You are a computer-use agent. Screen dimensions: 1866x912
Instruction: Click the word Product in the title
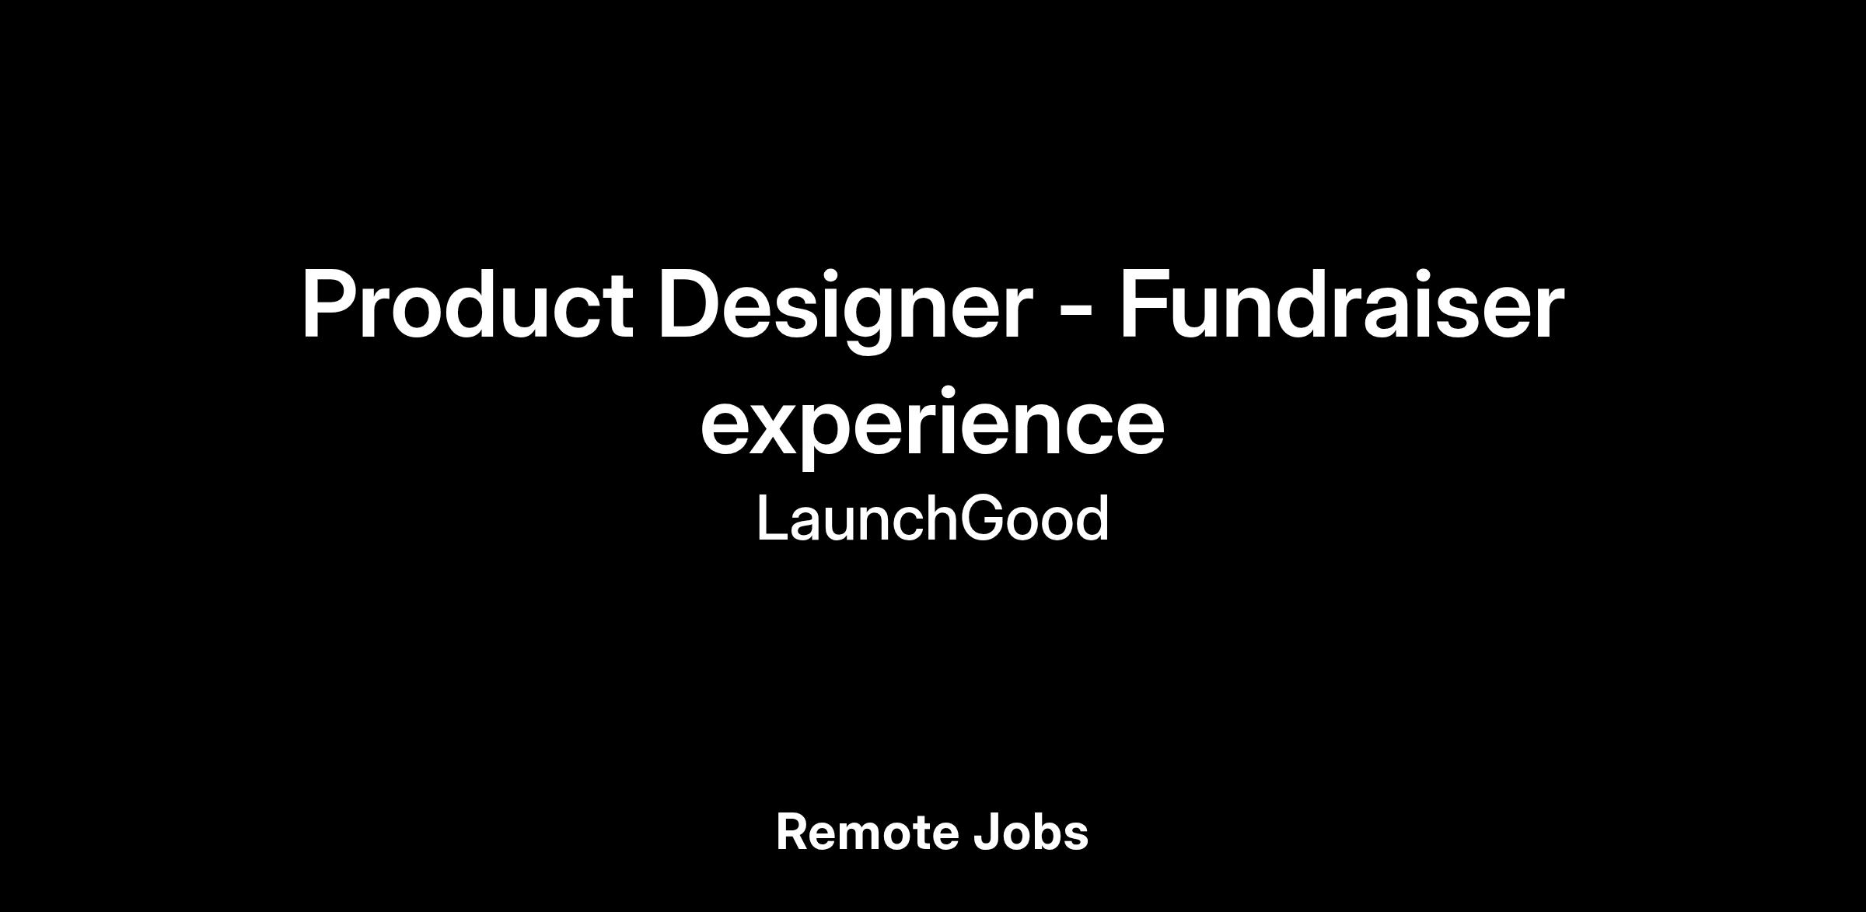[x=466, y=304]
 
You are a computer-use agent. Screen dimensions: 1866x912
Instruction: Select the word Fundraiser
[x=1341, y=304]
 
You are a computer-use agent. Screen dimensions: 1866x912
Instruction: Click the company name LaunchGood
[x=932, y=519]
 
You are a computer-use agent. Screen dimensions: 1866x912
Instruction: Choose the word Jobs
[x=1031, y=832]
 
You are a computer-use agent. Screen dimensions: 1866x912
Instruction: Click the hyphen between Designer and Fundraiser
[x=1076, y=313]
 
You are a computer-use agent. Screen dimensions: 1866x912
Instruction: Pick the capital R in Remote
[x=793, y=832]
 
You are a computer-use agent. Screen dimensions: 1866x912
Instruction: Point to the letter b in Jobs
[x=1050, y=832]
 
